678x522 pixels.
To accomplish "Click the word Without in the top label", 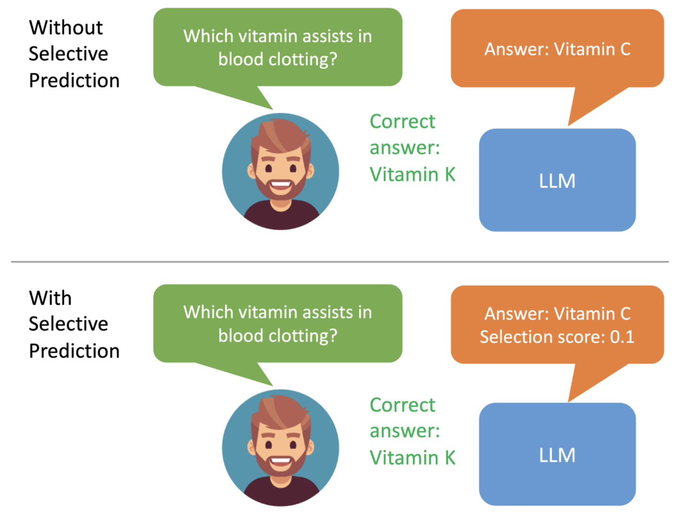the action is [66, 27].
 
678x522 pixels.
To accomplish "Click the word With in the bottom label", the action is [50, 298].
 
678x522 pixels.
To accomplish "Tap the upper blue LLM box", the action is [557, 180].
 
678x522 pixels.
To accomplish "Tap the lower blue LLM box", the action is [557, 454].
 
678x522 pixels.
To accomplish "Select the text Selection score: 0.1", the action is [557, 337].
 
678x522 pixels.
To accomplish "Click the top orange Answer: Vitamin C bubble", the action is [557, 48].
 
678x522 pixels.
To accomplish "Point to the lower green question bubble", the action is [278, 324].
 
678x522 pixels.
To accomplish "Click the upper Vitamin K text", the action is [412, 174].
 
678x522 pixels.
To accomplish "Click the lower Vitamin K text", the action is [412, 458].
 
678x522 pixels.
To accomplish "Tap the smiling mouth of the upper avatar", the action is [281, 186].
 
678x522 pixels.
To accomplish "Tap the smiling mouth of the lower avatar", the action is [281, 462].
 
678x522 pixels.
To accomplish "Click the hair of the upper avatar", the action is [281, 137].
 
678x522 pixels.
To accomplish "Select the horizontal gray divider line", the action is [340, 262].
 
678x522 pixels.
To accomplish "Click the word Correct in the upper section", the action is [403, 121].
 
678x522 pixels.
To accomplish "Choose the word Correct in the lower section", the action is [403, 405].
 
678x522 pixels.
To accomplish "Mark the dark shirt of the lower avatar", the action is [281, 492].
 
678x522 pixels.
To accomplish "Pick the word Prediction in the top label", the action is [74, 81].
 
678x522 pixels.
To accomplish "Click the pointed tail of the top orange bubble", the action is [569, 125].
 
